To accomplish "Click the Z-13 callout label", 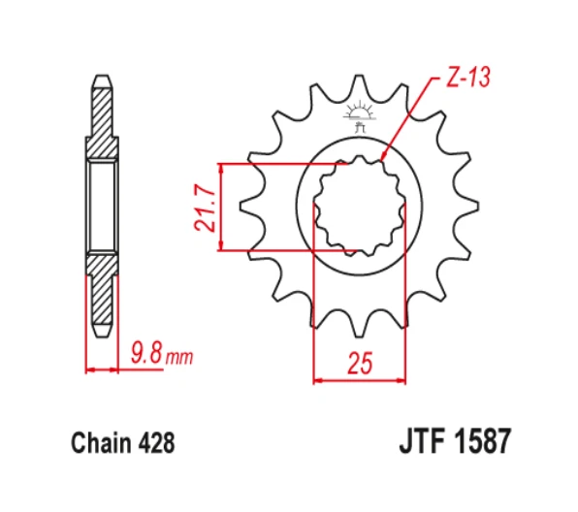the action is pyautogui.click(x=468, y=78).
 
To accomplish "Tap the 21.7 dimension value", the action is pyautogui.click(x=205, y=208).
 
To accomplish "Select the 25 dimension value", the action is pyautogui.click(x=360, y=363).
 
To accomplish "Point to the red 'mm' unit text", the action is pyautogui.click(x=179, y=357).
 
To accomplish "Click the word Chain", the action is pyautogui.click(x=101, y=442).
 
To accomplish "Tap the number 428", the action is pyautogui.click(x=156, y=442).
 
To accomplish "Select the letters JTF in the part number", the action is pyautogui.click(x=424, y=440).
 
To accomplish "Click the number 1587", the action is pyautogui.click(x=483, y=440).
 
